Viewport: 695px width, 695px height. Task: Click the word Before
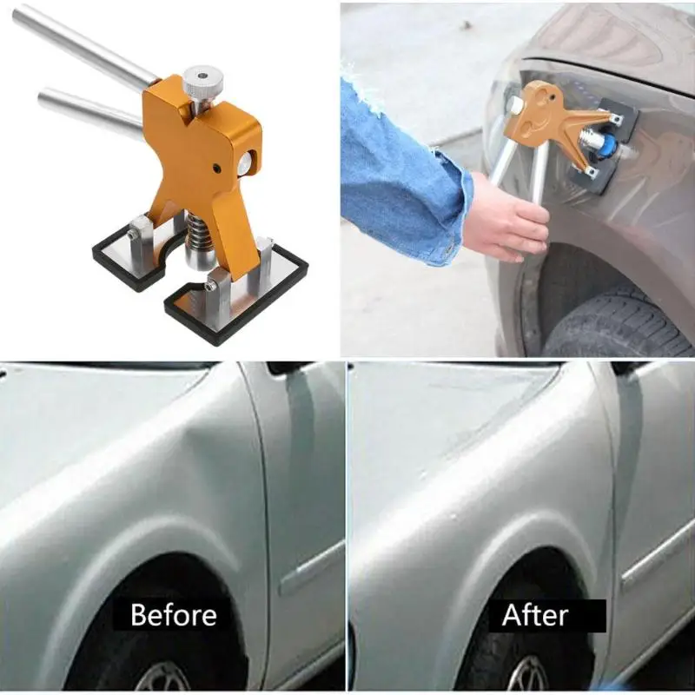tap(173, 615)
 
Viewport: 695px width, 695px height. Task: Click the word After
tap(535, 615)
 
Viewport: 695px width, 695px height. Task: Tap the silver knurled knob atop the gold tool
tap(203, 83)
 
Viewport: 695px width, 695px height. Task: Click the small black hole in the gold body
tap(216, 168)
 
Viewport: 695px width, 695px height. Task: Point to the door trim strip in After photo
tap(656, 554)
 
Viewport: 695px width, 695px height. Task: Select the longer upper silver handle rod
tap(84, 46)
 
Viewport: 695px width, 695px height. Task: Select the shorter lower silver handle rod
tap(91, 111)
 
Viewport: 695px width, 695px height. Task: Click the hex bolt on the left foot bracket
tap(131, 233)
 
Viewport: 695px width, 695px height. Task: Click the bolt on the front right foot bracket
tap(209, 287)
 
